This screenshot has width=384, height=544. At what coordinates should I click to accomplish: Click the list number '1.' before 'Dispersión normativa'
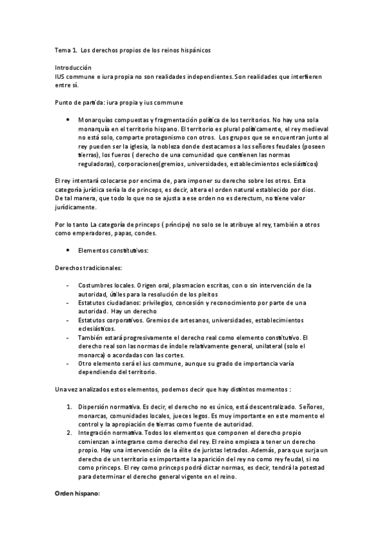(x=70, y=407)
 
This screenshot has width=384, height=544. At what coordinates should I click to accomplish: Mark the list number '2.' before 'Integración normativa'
(x=70, y=433)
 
